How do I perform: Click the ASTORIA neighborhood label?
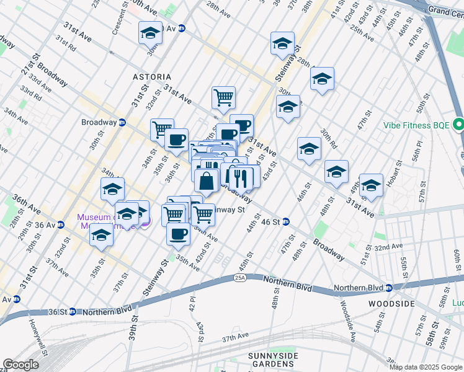click(152, 77)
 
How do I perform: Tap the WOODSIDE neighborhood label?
click(391, 303)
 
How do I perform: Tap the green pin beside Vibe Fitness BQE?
click(458, 125)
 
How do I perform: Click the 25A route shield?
click(241, 277)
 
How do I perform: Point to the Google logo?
click(21, 365)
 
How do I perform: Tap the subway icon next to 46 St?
click(286, 221)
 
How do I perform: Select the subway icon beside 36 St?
click(72, 311)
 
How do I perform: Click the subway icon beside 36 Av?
click(60, 224)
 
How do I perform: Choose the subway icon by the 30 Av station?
click(182, 28)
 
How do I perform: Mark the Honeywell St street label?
click(32, 333)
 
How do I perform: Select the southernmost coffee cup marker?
click(179, 233)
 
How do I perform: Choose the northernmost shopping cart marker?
click(223, 96)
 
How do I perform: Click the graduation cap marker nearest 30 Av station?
click(150, 32)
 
